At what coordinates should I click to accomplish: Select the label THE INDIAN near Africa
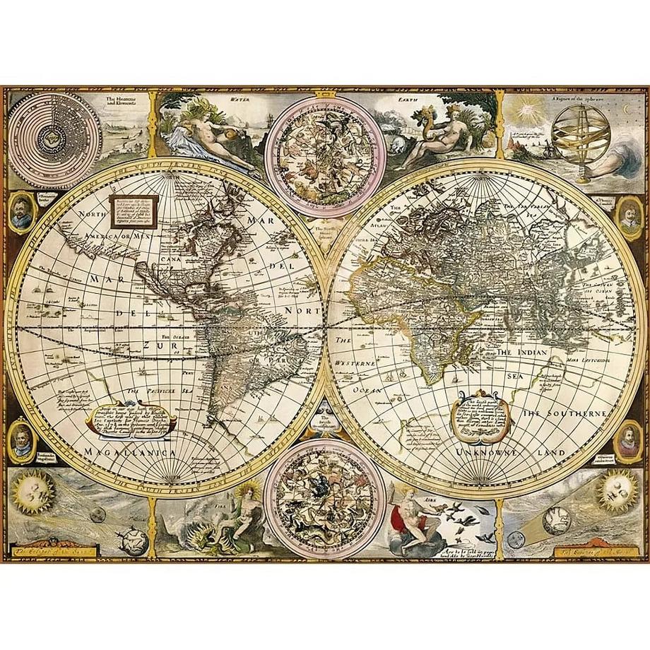(524, 351)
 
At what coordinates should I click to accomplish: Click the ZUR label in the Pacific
(154, 345)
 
